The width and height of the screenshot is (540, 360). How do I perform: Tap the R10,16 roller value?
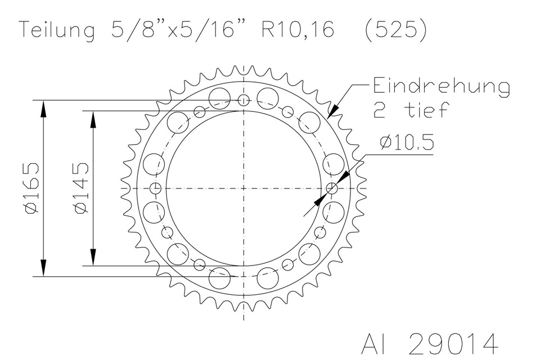click(298, 30)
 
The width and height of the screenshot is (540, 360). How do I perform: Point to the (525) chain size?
click(395, 30)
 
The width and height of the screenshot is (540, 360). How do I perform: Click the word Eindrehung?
click(442, 87)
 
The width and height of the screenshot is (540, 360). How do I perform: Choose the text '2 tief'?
click(412, 110)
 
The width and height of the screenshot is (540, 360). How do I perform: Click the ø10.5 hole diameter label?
click(406, 143)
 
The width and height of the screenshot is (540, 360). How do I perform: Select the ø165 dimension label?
click(33, 188)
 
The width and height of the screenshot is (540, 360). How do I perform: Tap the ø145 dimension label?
click(82, 188)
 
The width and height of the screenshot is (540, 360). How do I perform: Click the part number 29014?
click(453, 344)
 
